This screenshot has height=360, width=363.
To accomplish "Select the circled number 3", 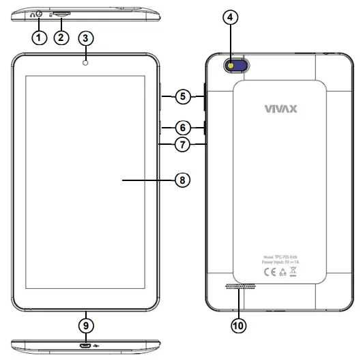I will pos(87,38).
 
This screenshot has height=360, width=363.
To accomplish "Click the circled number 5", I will pos(181,96).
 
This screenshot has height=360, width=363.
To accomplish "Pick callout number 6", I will pos(181,127).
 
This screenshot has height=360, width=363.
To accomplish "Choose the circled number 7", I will pos(181,145).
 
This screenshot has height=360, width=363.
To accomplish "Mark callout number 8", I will pos(181,180).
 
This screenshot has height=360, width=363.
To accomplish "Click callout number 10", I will pos(237,326).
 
